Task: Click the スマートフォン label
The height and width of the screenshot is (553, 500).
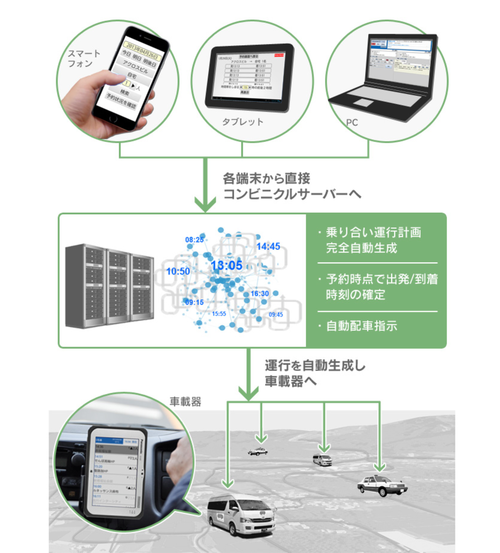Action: [84, 59]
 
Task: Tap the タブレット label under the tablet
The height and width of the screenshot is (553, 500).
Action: [243, 122]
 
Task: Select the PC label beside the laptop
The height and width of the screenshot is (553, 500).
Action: [352, 122]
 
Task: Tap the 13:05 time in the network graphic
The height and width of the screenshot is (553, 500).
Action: [227, 265]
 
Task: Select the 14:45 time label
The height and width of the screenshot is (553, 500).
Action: [268, 247]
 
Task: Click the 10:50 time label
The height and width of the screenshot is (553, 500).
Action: [178, 271]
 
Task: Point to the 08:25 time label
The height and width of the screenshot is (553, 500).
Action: [194, 240]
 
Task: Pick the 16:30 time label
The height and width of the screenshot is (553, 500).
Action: [260, 294]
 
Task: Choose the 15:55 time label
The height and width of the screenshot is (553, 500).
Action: [219, 314]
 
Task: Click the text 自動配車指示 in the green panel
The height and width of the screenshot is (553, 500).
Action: [362, 326]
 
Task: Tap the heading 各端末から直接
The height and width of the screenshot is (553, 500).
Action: [267, 178]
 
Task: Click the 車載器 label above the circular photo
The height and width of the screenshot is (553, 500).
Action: [185, 402]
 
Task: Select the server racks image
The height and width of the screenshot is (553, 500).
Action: [110, 286]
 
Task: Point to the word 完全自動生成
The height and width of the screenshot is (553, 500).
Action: [362, 248]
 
